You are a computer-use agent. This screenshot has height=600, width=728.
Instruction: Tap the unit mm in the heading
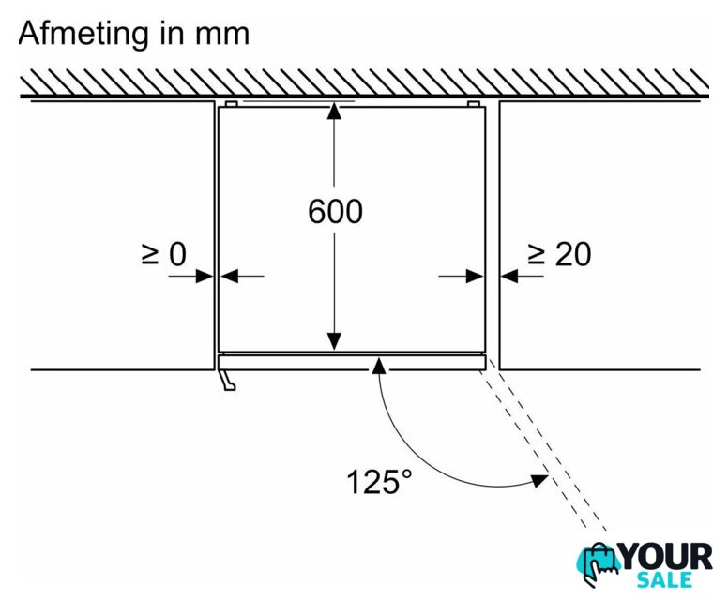(x=222, y=35)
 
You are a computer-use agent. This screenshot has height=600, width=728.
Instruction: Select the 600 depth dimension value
(x=335, y=212)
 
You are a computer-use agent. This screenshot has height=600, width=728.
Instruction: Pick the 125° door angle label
(x=379, y=481)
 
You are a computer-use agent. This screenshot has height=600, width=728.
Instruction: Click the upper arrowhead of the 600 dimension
(x=334, y=112)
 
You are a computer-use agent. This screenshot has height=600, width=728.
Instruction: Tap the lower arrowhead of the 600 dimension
(x=334, y=341)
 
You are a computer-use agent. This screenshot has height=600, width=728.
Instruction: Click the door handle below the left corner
(x=227, y=380)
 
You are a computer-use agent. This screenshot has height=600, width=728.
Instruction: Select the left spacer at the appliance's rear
(x=231, y=104)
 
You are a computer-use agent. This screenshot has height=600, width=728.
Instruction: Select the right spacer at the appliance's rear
(x=473, y=104)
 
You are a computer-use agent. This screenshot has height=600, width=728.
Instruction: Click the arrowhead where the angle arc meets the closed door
(x=379, y=366)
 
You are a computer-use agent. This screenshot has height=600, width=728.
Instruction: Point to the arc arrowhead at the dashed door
(x=540, y=480)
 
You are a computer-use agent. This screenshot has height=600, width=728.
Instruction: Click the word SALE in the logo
(x=664, y=580)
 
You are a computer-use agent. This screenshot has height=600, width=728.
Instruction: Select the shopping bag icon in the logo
(x=599, y=564)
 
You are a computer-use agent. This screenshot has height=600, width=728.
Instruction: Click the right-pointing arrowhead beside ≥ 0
(x=205, y=277)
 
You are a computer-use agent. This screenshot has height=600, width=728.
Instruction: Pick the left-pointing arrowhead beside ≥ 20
(x=509, y=277)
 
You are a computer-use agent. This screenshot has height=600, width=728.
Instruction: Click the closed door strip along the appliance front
(x=352, y=363)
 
